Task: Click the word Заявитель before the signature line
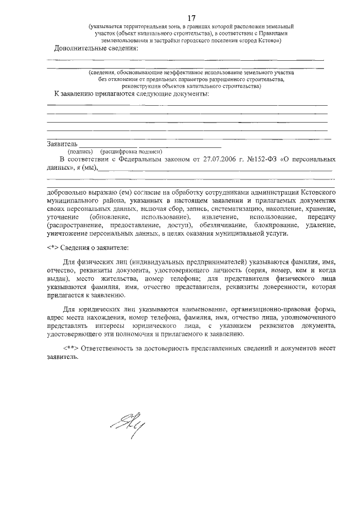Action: click(62, 144)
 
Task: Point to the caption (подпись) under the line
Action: click(80, 151)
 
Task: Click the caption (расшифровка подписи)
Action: click(130, 151)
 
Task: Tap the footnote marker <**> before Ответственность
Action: click(70, 348)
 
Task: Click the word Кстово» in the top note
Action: click(269, 41)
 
